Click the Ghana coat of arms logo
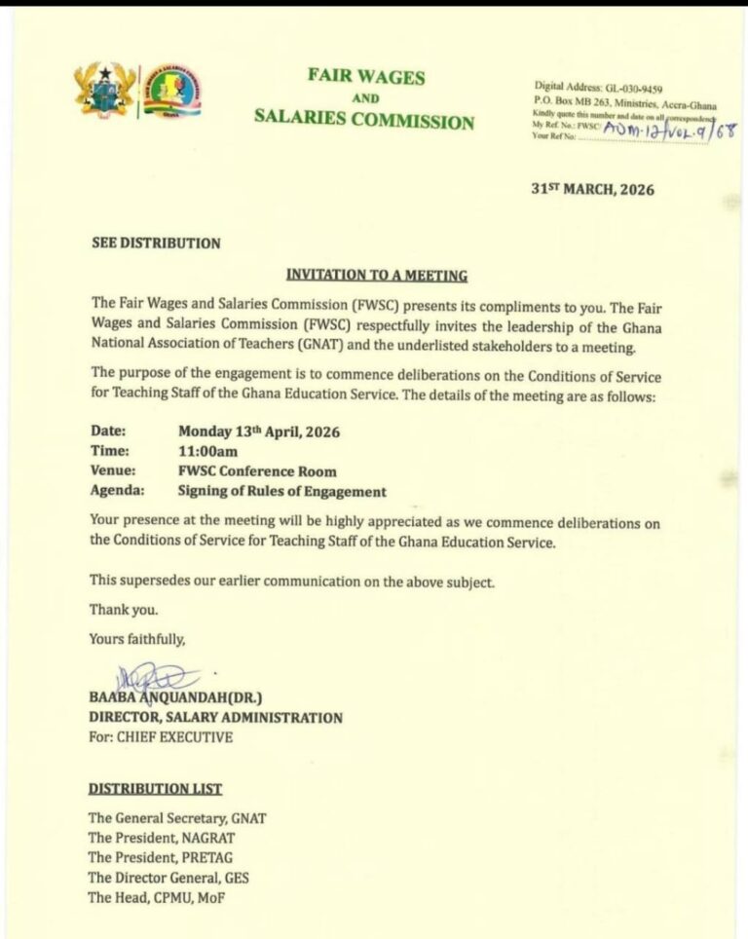pos(104,90)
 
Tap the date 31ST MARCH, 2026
pos(592,189)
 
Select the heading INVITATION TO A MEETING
pos(376,275)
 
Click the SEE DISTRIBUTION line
pos(155,243)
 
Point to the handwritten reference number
pos(670,129)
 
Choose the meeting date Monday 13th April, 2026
pos(259,431)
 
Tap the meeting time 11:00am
pos(207,451)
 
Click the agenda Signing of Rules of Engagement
pos(281,492)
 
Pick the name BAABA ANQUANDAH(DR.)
pos(176,698)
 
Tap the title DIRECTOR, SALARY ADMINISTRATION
pos(215,718)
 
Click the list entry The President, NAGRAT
pos(162,838)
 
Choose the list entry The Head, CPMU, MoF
pos(156,897)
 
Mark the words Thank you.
pos(123,610)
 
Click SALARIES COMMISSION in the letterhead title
pos(364,123)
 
